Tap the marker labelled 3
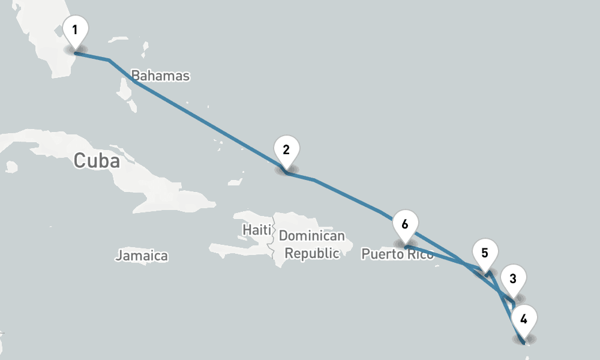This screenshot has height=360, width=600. [512, 278]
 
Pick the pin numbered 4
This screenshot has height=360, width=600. [524, 319]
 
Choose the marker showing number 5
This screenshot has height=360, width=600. [485, 253]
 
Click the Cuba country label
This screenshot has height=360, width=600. [96, 161]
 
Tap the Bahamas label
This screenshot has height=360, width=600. [160, 76]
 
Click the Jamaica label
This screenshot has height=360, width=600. [142, 256]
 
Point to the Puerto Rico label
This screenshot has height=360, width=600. [397, 254]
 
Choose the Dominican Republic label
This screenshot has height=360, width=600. [312, 245]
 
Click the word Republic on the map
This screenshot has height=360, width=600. [312, 253]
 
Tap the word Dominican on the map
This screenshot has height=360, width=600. [312, 236]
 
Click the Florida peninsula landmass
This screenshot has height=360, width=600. [48, 48]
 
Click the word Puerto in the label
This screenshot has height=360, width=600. [383, 254]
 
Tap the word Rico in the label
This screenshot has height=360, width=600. [419, 254]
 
